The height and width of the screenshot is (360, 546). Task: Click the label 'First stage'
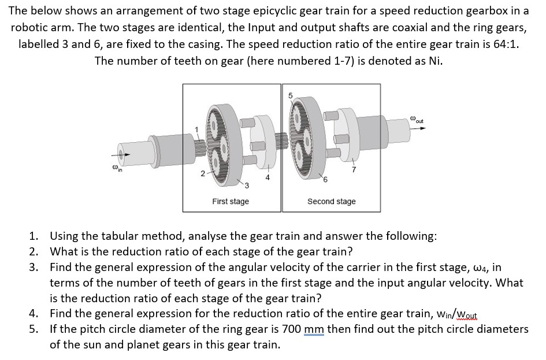pyautogui.click(x=230, y=201)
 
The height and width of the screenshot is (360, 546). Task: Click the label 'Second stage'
pyautogui.click(x=331, y=201)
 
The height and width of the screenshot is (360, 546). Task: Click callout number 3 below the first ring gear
pyautogui.click(x=246, y=185)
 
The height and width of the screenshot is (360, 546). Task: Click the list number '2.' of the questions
pyautogui.click(x=35, y=251)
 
